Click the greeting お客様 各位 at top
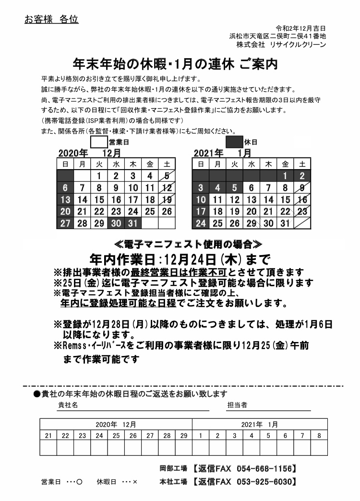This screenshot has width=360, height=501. coord(51,20)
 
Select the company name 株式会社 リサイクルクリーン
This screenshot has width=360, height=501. coord(281,44)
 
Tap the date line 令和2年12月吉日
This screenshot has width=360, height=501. coord(301,28)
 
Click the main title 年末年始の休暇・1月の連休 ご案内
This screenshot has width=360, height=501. coord(175,64)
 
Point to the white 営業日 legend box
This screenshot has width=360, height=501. coord(99,142)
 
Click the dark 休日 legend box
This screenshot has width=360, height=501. coord(234,142)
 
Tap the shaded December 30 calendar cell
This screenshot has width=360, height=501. coord(116,223)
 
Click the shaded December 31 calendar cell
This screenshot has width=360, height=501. coord(133,223)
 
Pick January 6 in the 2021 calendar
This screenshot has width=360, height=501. coord(252,188)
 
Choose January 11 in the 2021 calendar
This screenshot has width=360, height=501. coord(217,200)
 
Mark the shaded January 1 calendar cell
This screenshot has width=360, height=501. coord(285,176)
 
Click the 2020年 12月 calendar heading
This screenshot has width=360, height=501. coord(89,153)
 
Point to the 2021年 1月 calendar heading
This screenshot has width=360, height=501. coord(223,153)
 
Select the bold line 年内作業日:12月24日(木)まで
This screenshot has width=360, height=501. coord(180,259)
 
